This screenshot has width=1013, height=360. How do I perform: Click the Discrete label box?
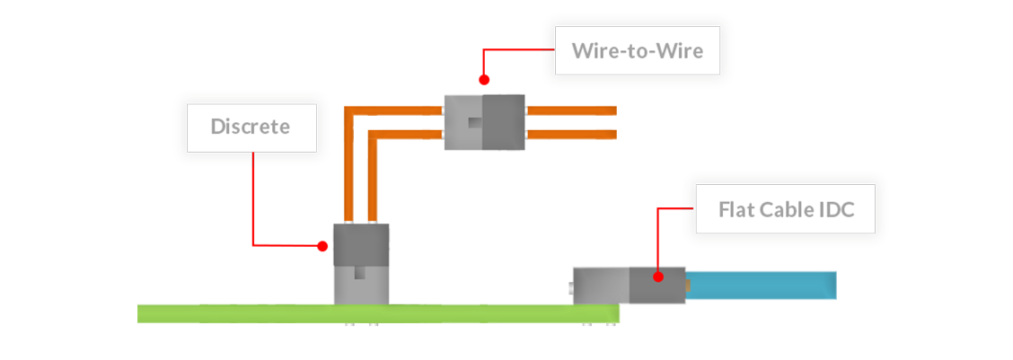tap(251, 127)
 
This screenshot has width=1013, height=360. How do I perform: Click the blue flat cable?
tap(763, 280)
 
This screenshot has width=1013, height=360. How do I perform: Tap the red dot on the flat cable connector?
tap(658, 277)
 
